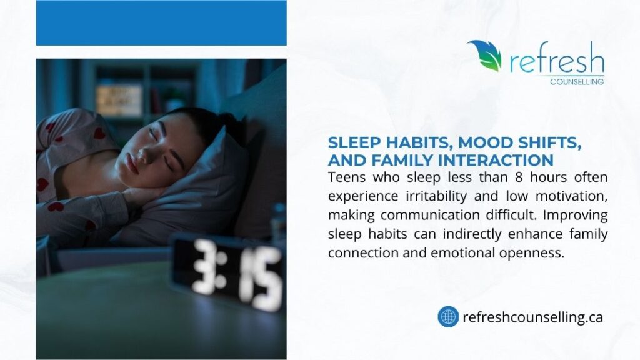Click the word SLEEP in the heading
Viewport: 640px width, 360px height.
[352, 144]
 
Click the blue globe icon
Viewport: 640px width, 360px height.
[448, 317]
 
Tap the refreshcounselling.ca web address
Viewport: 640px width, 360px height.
[532, 317]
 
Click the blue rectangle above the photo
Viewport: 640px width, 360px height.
[161, 23]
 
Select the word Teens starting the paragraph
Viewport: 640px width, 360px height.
[346, 177]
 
